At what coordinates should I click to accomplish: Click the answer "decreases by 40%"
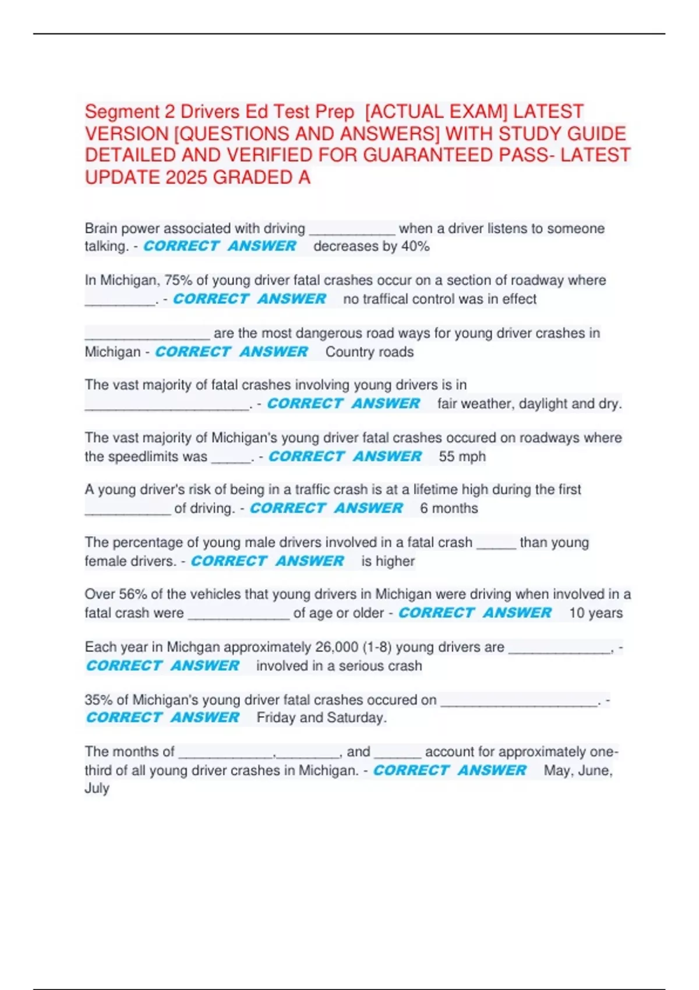point(371,246)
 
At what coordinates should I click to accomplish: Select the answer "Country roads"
point(369,352)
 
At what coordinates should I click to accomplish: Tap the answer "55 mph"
point(462,457)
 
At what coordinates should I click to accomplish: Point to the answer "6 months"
point(449,508)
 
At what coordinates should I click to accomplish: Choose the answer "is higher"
point(388,561)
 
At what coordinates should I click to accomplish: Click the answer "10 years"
point(595,613)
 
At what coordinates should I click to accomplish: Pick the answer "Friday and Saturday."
point(322,717)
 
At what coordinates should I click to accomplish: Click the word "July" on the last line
point(97,789)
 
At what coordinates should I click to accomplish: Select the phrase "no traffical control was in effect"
point(440,299)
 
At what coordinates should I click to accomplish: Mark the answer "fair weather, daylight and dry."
point(529,404)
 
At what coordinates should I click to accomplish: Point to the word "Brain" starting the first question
point(101,228)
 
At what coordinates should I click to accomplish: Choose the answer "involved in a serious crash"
point(339,666)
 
